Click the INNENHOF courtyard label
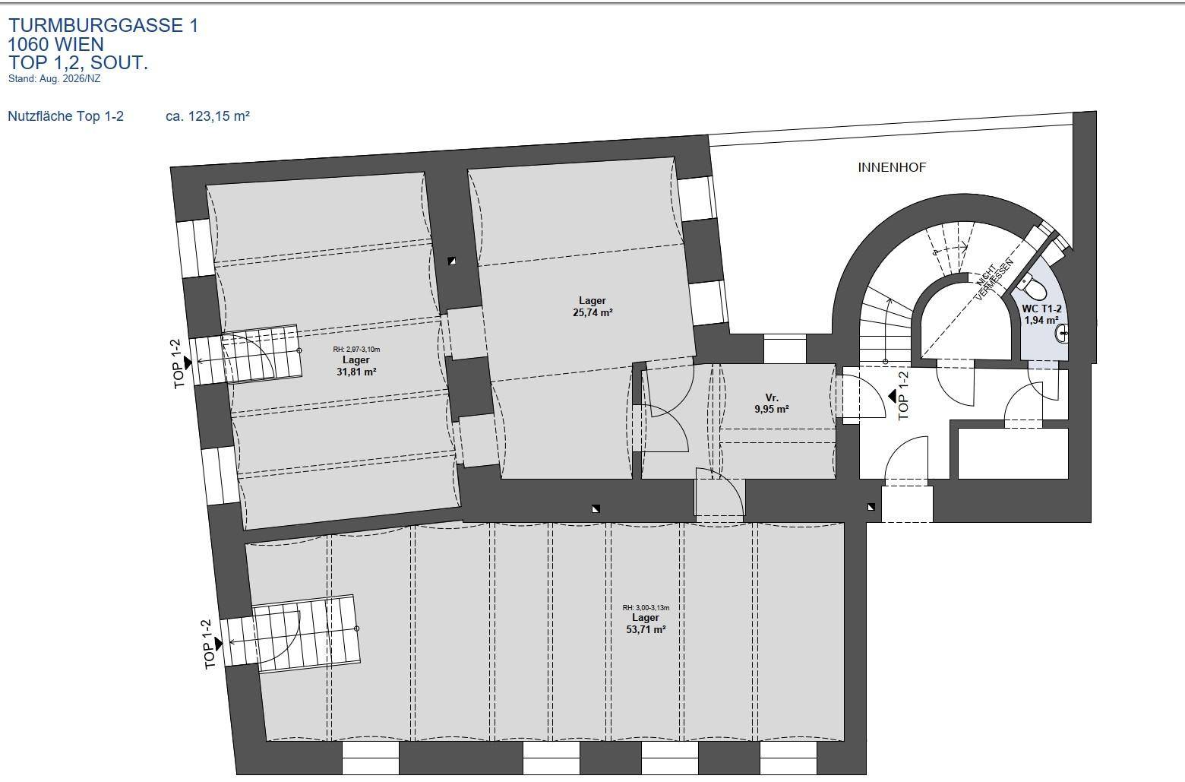coord(892,167)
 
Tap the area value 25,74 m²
coord(592,312)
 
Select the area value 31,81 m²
coord(356,372)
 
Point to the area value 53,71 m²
coord(646,629)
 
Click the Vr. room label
coord(772,397)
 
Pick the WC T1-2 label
coord(1041,309)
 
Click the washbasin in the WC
coord(1061,334)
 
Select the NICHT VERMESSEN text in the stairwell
coord(994,280)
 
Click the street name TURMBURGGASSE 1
coord(103,25)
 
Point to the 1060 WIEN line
coord(56,44)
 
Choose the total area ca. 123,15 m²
coord(207,116)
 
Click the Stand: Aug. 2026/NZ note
coord(54,79)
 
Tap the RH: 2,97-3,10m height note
coord(356,349)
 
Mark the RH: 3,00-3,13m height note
coord(646,607)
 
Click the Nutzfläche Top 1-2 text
coord(65,116)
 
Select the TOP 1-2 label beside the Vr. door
coord(903,395)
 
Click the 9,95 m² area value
coord(772,409)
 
